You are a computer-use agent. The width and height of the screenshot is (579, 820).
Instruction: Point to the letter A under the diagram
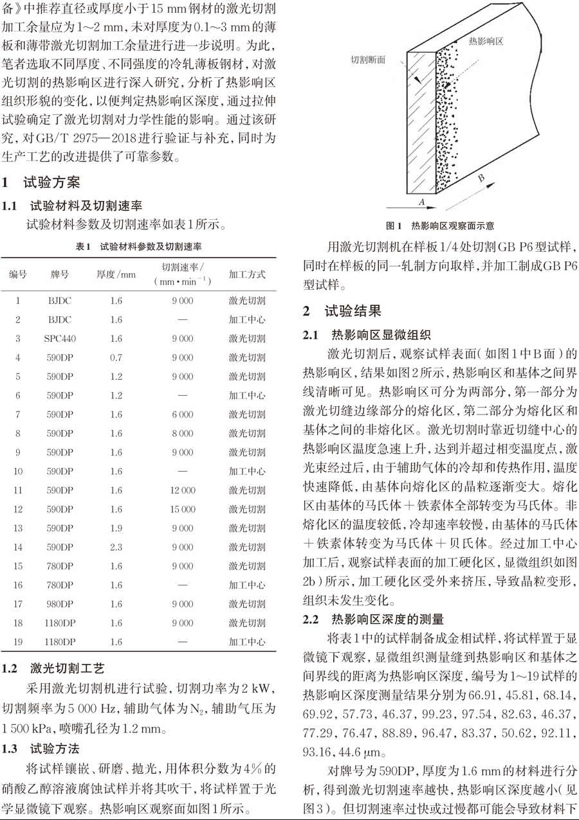coord(422,202)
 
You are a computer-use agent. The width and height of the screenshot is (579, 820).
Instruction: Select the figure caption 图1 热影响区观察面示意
coord(440,226)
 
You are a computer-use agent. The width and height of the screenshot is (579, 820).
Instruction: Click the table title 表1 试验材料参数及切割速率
coord(138,246)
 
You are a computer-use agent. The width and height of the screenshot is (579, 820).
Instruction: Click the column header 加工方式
coord(247,274)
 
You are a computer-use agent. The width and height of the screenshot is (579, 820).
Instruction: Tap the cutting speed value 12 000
coord(182,490)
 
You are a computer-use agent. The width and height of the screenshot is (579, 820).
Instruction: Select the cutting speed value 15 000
coord(182,510)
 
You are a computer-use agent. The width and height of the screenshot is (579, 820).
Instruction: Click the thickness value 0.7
coord(116,357)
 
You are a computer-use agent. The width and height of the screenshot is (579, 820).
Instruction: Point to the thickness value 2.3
coord(116,548)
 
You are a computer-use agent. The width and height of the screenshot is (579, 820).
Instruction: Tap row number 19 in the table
coord(18,642)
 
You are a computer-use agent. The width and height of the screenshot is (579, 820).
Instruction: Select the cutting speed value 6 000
coord(182,414)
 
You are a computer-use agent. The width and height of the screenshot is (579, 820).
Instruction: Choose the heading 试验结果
coord(353,312)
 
